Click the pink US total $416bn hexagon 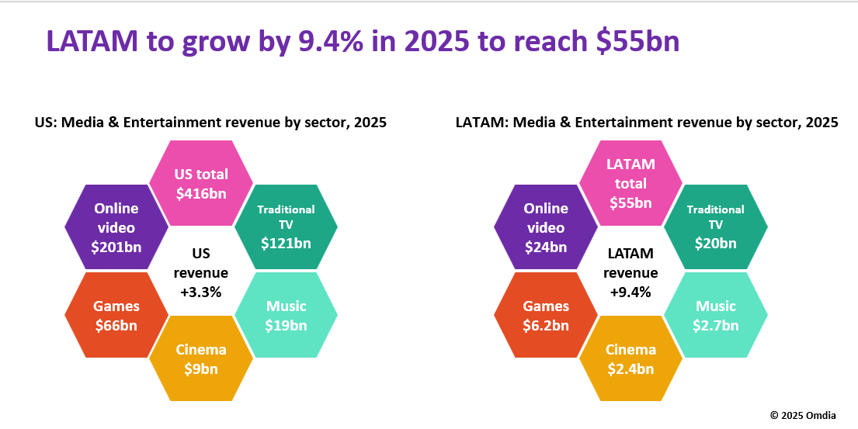[200, 184]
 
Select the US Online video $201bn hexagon [116, 227]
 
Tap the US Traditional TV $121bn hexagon [286, 227]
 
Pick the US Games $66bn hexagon [116, 315]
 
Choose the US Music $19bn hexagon [286, 315]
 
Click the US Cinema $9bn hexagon [200, 358]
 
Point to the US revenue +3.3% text [200, 272]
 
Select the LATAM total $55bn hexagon [630, 184]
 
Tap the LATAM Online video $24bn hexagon [546, 227]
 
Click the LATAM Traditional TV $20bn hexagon [716, 227]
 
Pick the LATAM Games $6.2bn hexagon [546, 315]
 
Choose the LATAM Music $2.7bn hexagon [716, 315]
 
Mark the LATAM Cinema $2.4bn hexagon [630, 358]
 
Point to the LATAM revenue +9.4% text [630, 272]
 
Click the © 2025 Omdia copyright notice [803, 415]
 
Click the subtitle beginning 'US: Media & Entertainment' [210, 123]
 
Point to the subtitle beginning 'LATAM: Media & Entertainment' [647, 123]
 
